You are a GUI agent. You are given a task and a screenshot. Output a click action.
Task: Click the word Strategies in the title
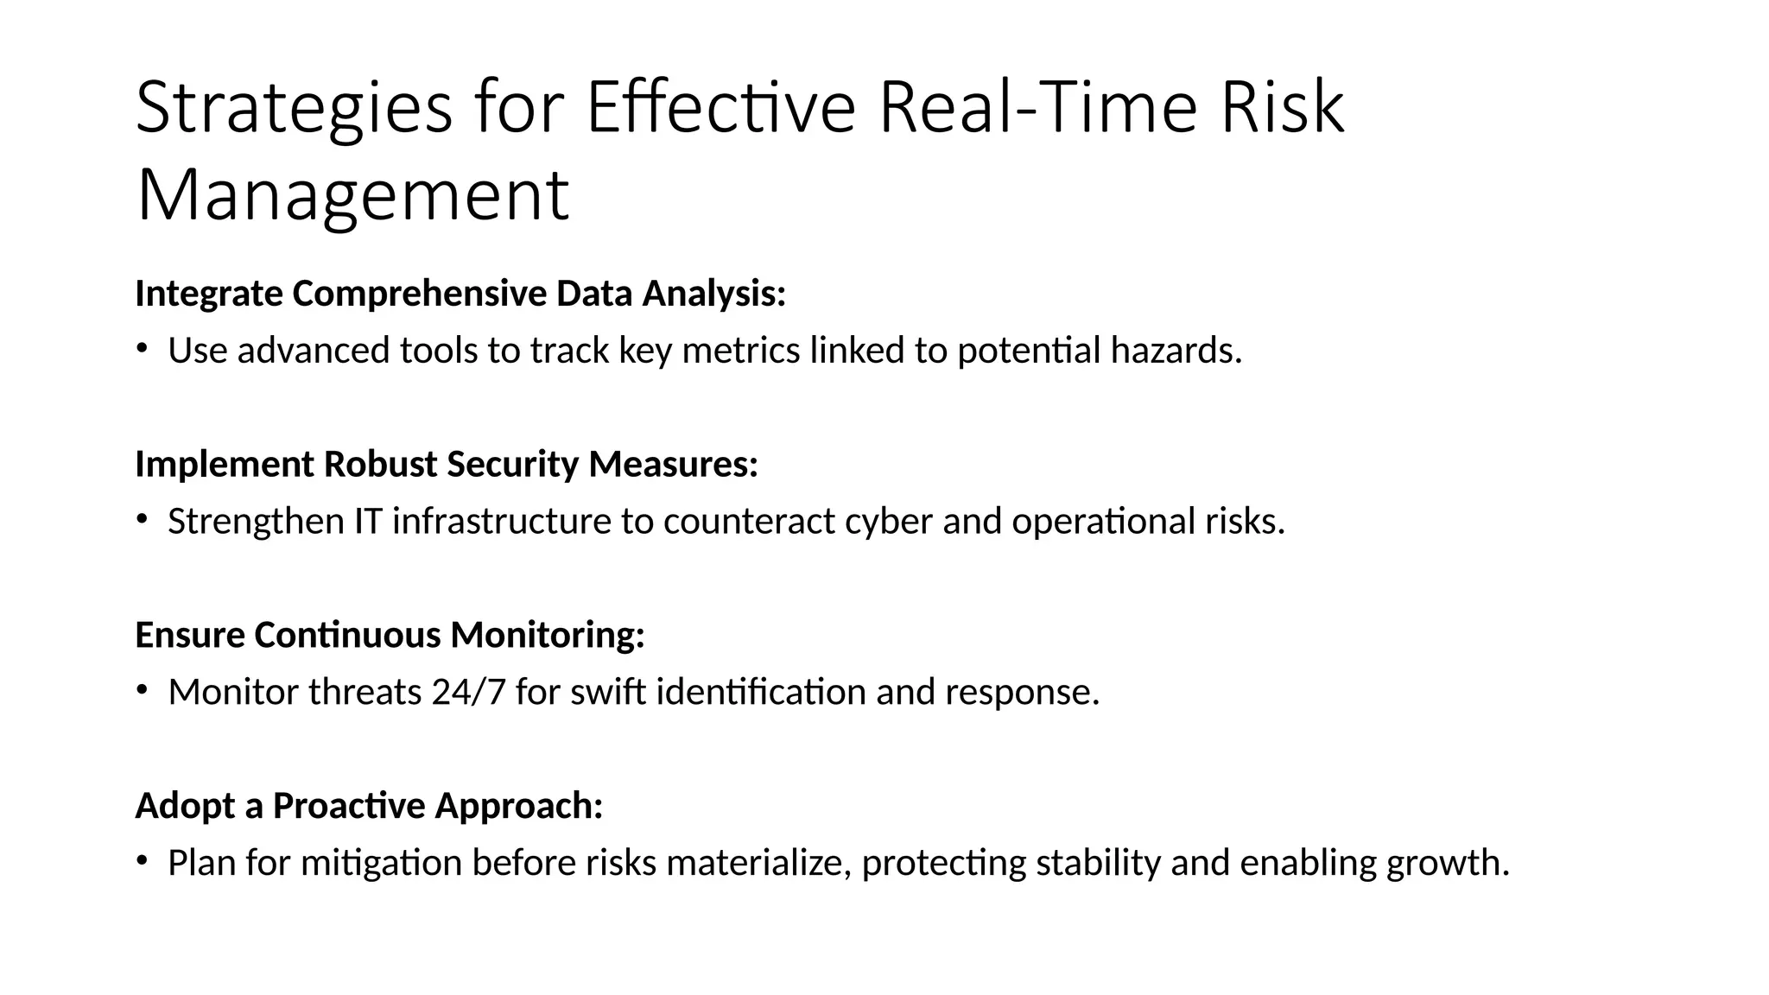294,109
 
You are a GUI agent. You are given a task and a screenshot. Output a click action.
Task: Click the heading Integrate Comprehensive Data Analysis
460,294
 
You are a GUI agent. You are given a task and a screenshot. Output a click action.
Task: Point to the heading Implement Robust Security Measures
447,465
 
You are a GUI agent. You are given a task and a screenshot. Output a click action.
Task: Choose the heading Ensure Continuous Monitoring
390,635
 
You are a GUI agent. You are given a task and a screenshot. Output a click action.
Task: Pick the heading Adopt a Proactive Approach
369,806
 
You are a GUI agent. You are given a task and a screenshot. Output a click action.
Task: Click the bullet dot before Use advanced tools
142,348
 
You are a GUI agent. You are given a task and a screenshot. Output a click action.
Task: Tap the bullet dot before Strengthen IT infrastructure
142,519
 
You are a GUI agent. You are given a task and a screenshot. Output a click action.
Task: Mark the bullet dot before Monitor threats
142,689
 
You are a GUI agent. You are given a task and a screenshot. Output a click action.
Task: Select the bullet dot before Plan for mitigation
142,860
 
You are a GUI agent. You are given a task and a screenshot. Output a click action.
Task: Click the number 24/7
468,692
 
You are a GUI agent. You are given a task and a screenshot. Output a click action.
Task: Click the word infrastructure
502,522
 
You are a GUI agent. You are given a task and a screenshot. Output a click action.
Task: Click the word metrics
741,351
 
